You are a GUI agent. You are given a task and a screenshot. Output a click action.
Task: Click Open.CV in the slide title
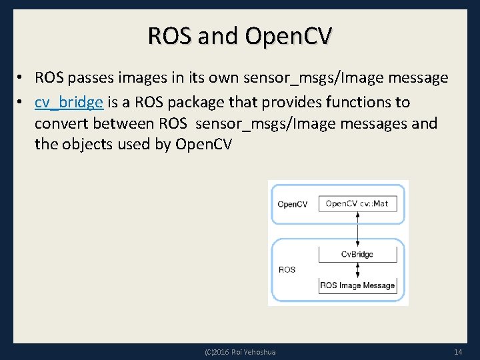tap(287, 36)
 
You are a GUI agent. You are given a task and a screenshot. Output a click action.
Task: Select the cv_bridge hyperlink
tap(69, 102)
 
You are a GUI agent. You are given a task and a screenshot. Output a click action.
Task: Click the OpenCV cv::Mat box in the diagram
tap(358, 203)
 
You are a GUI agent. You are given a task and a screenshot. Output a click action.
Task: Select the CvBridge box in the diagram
tap(358, 254)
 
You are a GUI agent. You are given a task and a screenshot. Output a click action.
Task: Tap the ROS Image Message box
tap(358, 285)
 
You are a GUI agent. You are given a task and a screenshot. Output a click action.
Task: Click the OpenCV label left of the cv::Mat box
tap(292, 204)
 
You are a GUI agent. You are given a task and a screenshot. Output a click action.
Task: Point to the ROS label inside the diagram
tap(287, 270)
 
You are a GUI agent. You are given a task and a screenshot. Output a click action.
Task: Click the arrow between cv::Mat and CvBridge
tap(358, 229)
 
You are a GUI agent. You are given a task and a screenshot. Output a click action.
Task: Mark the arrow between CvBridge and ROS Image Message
tap(358, 270)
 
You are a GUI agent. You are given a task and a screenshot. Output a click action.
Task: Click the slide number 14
tap(457, 351)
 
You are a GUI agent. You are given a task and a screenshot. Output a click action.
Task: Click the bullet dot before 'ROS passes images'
tap(21, 79)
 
